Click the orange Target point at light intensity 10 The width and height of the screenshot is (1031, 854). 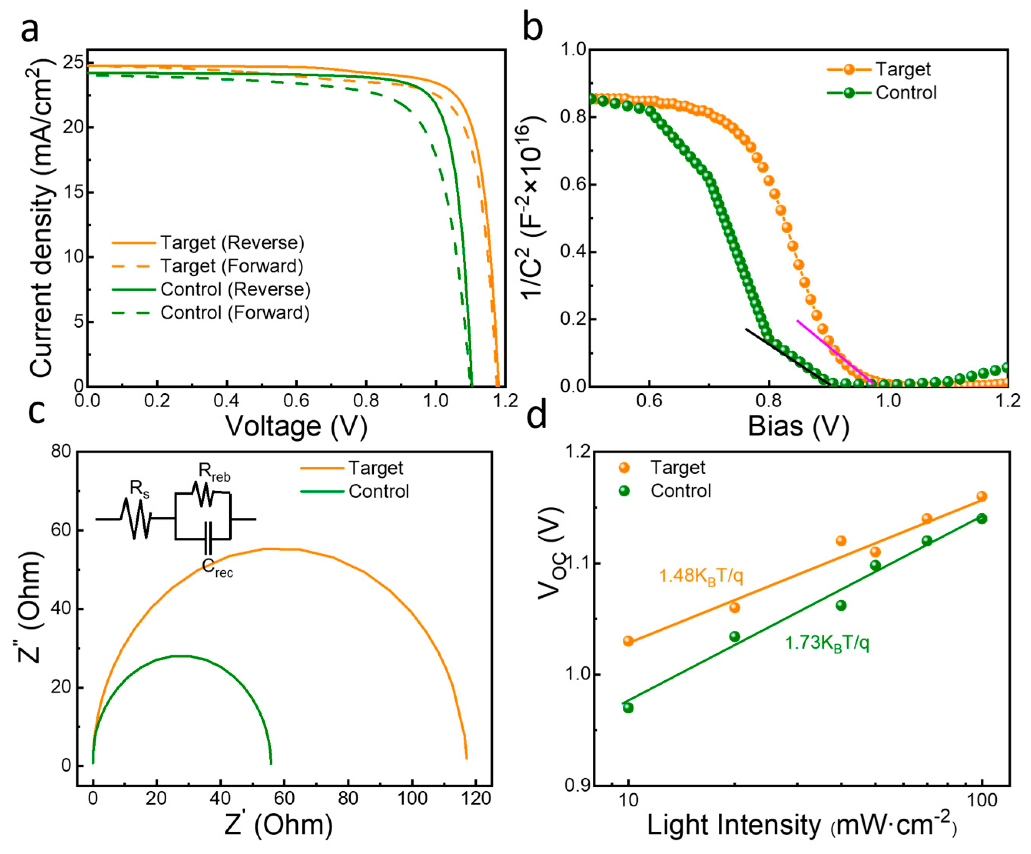(628, 641)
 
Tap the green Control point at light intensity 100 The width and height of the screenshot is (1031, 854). (981, 518)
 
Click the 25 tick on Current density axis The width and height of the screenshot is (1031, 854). (73, 62)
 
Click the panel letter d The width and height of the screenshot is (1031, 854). (537, 415)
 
